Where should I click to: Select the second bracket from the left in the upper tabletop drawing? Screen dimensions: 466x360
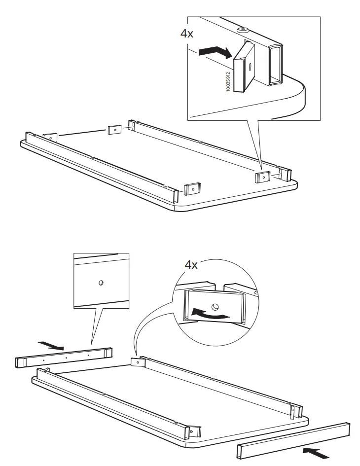[x=114, y=130]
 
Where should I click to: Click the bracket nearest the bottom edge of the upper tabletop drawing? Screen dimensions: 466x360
[x=192, y=188]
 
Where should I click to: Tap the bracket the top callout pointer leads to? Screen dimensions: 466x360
[x=262, y=176]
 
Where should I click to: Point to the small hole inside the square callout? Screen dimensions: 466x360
[x=101, y=283]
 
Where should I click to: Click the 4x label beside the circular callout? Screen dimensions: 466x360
[x=191, y=265]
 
